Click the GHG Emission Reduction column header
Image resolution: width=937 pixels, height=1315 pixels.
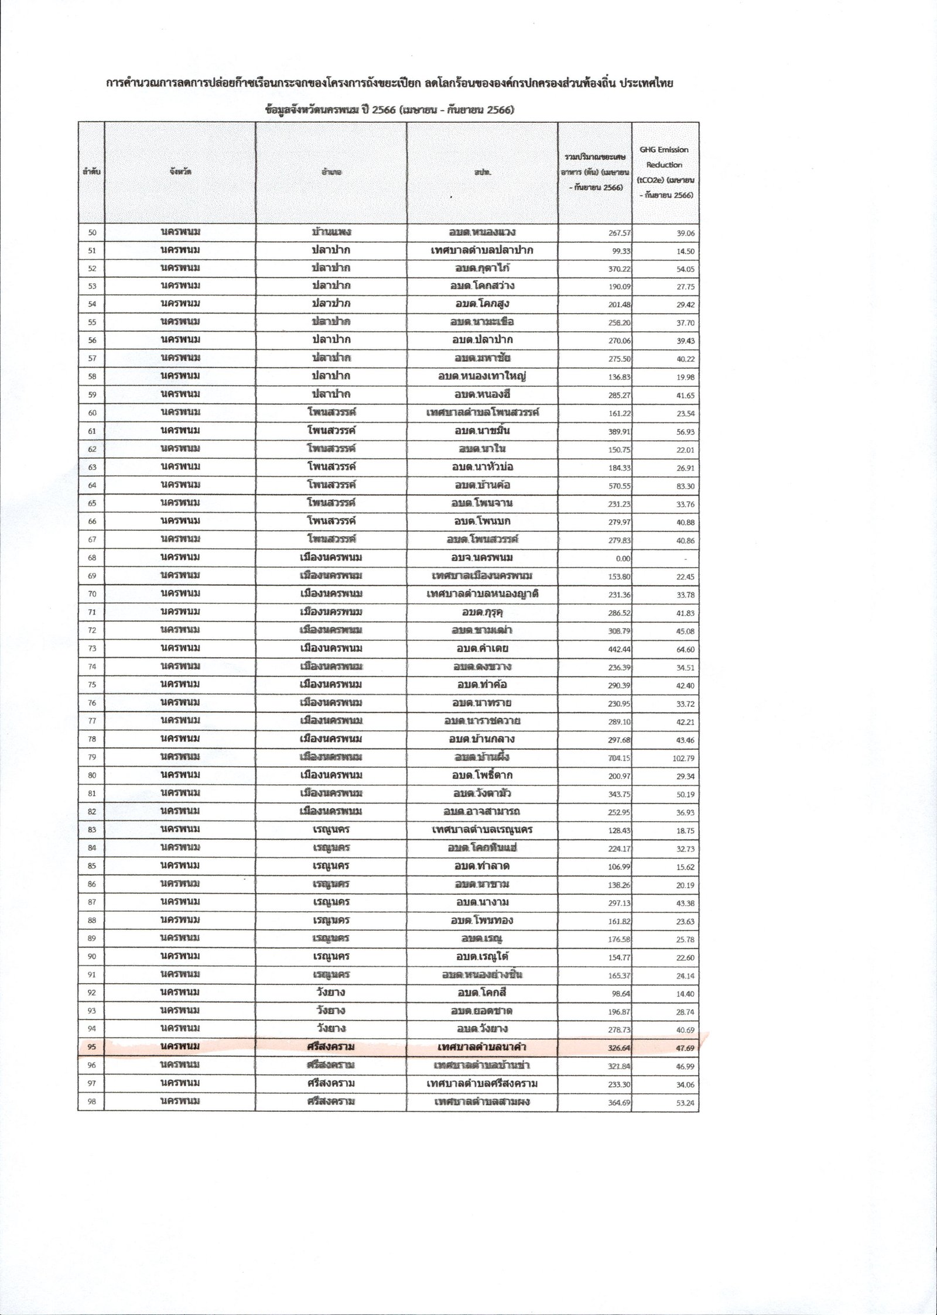(x=665, y=173)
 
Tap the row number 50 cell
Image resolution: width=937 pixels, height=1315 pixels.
(x=92, y=232)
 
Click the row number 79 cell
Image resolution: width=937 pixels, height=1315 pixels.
(x=92, y=757)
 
